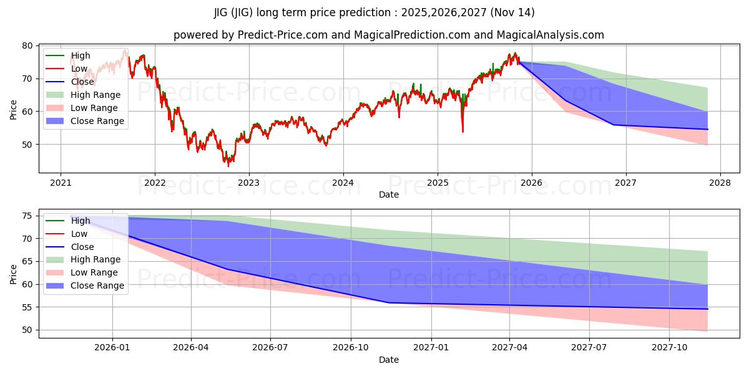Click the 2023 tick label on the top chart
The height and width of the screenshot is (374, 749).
click(x=248, y=183)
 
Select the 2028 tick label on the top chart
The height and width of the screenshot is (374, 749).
click(x=720, y=183)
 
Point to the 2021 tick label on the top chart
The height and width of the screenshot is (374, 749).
click(x=61, y=183)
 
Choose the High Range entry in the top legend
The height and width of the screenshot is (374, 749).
click(x=95, y=95)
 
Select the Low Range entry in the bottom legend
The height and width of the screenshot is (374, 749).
click(x=94, y=272)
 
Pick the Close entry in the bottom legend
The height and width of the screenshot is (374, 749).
click(x=82, y=246)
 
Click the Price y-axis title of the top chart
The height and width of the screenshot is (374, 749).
click(x=14, y=110)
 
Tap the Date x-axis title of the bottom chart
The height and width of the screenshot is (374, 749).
click(x=389, y=360)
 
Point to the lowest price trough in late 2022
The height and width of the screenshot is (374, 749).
click(x=228, y=165)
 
